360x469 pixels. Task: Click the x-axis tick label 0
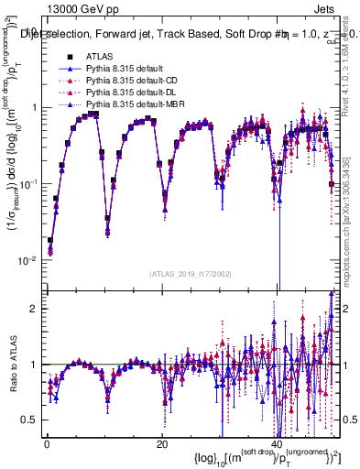(46, 443)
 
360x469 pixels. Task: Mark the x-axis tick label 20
(161, 443)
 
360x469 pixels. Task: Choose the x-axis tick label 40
(277, 443)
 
